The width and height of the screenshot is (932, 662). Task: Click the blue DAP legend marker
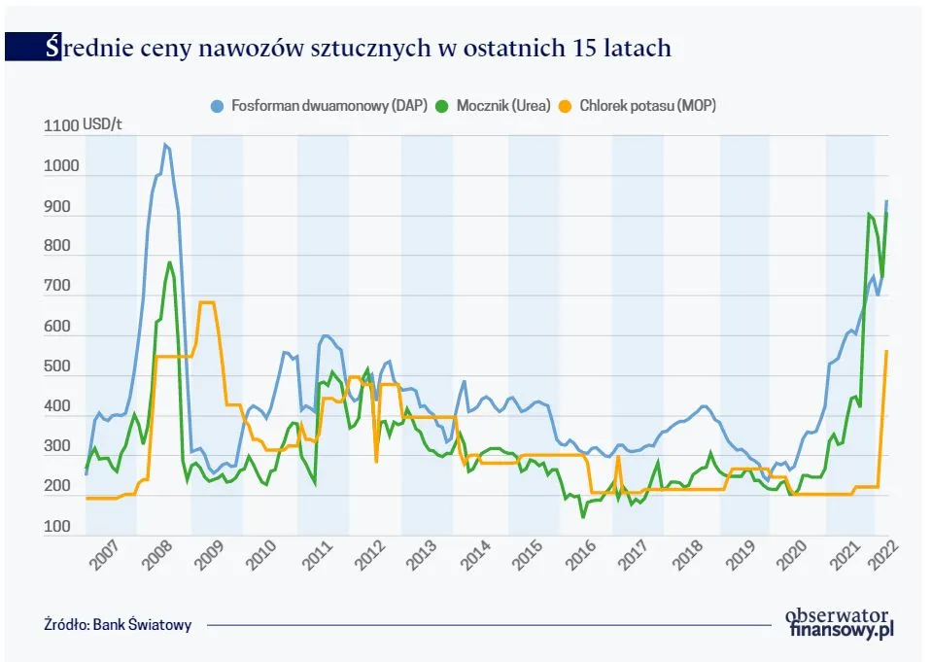click(x=218, y=105)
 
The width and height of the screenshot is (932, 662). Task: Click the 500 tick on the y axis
click(x=57, y=367)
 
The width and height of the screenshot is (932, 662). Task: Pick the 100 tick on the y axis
click(x=57, y=528)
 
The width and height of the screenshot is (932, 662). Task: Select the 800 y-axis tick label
click(x=57, y=247)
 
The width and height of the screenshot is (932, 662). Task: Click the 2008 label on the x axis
click(x=157, y=559)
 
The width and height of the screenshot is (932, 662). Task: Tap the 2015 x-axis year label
click(x=527, y=559)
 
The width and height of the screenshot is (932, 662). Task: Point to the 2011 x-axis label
click(x=316, y=559)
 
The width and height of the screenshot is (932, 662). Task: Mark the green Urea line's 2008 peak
click(x=169, y=261)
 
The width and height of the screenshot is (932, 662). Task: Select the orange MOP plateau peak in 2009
click(x=206, y=302)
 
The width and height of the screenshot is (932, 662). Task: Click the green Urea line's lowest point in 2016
click(x=583, y=517)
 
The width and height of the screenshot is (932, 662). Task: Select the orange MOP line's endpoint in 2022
click(x=886, y=351)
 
